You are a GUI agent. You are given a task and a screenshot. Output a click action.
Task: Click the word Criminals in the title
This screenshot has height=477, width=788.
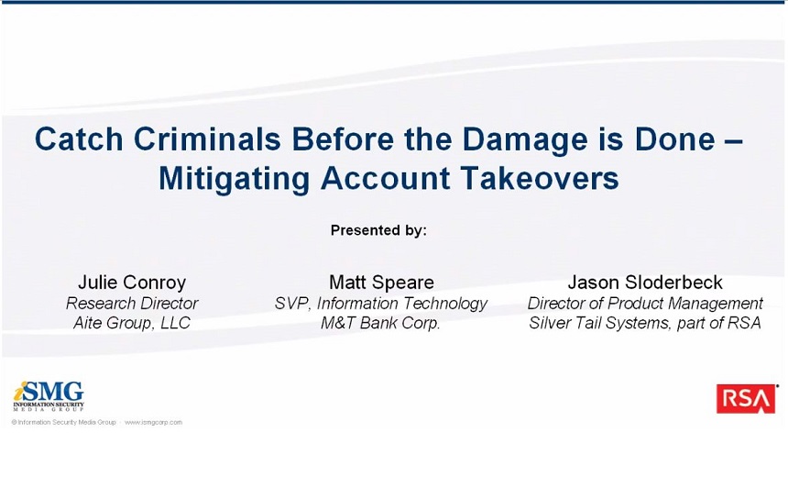click(207, 139)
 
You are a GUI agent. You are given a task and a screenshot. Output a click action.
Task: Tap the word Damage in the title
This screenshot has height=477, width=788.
click(525, 139)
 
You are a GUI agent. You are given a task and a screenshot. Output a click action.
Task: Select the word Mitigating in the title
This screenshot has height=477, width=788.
click(235, 179)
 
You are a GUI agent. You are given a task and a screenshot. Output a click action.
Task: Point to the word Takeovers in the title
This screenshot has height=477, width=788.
click(540, 178)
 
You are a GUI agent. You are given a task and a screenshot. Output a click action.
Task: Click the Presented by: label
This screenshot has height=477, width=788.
click(378, 230)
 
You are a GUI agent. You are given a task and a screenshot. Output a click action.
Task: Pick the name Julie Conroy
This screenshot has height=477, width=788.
click(132, 283)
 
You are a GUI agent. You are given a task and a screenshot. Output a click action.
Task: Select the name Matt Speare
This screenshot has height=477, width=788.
click(381, 283)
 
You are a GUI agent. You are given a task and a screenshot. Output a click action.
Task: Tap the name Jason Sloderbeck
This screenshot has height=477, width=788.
click(645, 283)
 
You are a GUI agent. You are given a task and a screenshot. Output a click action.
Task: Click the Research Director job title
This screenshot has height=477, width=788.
click(132, 304)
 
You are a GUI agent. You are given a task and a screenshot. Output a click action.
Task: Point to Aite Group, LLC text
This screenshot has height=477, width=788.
click(132, 323)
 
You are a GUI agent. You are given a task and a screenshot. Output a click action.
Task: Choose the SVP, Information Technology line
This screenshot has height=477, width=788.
click(381, 304)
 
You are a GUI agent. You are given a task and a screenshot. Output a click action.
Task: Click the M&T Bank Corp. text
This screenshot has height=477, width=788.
click(380, 323)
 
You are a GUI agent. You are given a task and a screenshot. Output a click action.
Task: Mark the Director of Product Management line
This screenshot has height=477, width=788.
click(645, 304)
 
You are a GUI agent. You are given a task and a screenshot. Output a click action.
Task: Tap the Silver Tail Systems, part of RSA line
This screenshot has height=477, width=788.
click(645, 323)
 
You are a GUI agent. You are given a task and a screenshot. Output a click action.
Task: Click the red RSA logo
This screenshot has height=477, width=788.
click(746, 398)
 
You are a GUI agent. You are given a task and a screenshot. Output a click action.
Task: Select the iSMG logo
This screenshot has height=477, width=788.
click(49, 396)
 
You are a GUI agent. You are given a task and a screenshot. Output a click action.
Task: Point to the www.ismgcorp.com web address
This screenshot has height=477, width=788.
click(153, 423)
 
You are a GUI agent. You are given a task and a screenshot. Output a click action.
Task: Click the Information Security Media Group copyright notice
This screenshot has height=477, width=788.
click(64, 423)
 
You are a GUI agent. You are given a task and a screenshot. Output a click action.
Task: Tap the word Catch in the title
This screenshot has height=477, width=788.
click(79, 139)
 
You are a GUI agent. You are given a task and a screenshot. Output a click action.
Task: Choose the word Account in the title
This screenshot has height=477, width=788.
click(386, 178)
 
